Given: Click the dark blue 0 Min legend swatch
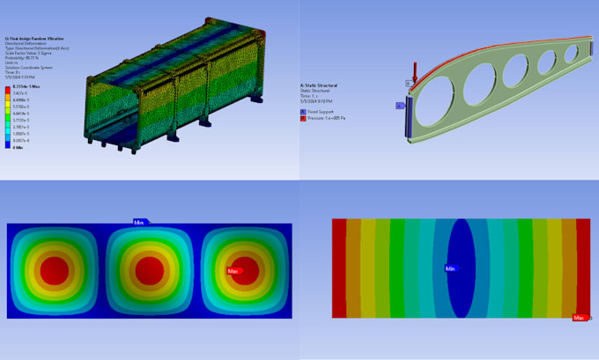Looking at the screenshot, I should [x=8, y=146].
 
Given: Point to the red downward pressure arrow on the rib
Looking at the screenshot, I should [x=415, y=69].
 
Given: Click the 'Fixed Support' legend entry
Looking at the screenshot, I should [x=318, y=113].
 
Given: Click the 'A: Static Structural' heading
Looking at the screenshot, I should [x=319, y=86].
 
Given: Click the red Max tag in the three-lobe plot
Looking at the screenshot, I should [x=234, y=270].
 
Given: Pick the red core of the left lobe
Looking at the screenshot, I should [x=55, y=268].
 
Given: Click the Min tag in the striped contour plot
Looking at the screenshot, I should [x=450, y=268].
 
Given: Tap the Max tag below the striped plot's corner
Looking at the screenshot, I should [x=580, y=317].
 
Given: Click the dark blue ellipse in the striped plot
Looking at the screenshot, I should [x=462, y=264].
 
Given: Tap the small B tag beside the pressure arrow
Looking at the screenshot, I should [x=409, y=84].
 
